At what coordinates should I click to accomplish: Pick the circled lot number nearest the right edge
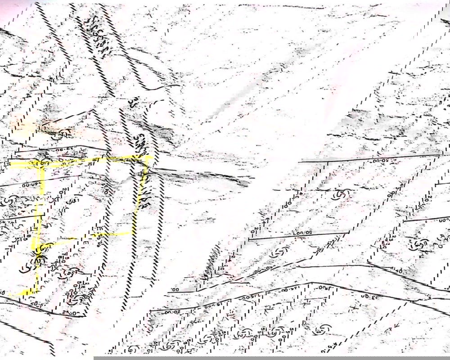[420, 244]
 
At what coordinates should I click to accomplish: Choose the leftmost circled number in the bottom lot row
[133, 349]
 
